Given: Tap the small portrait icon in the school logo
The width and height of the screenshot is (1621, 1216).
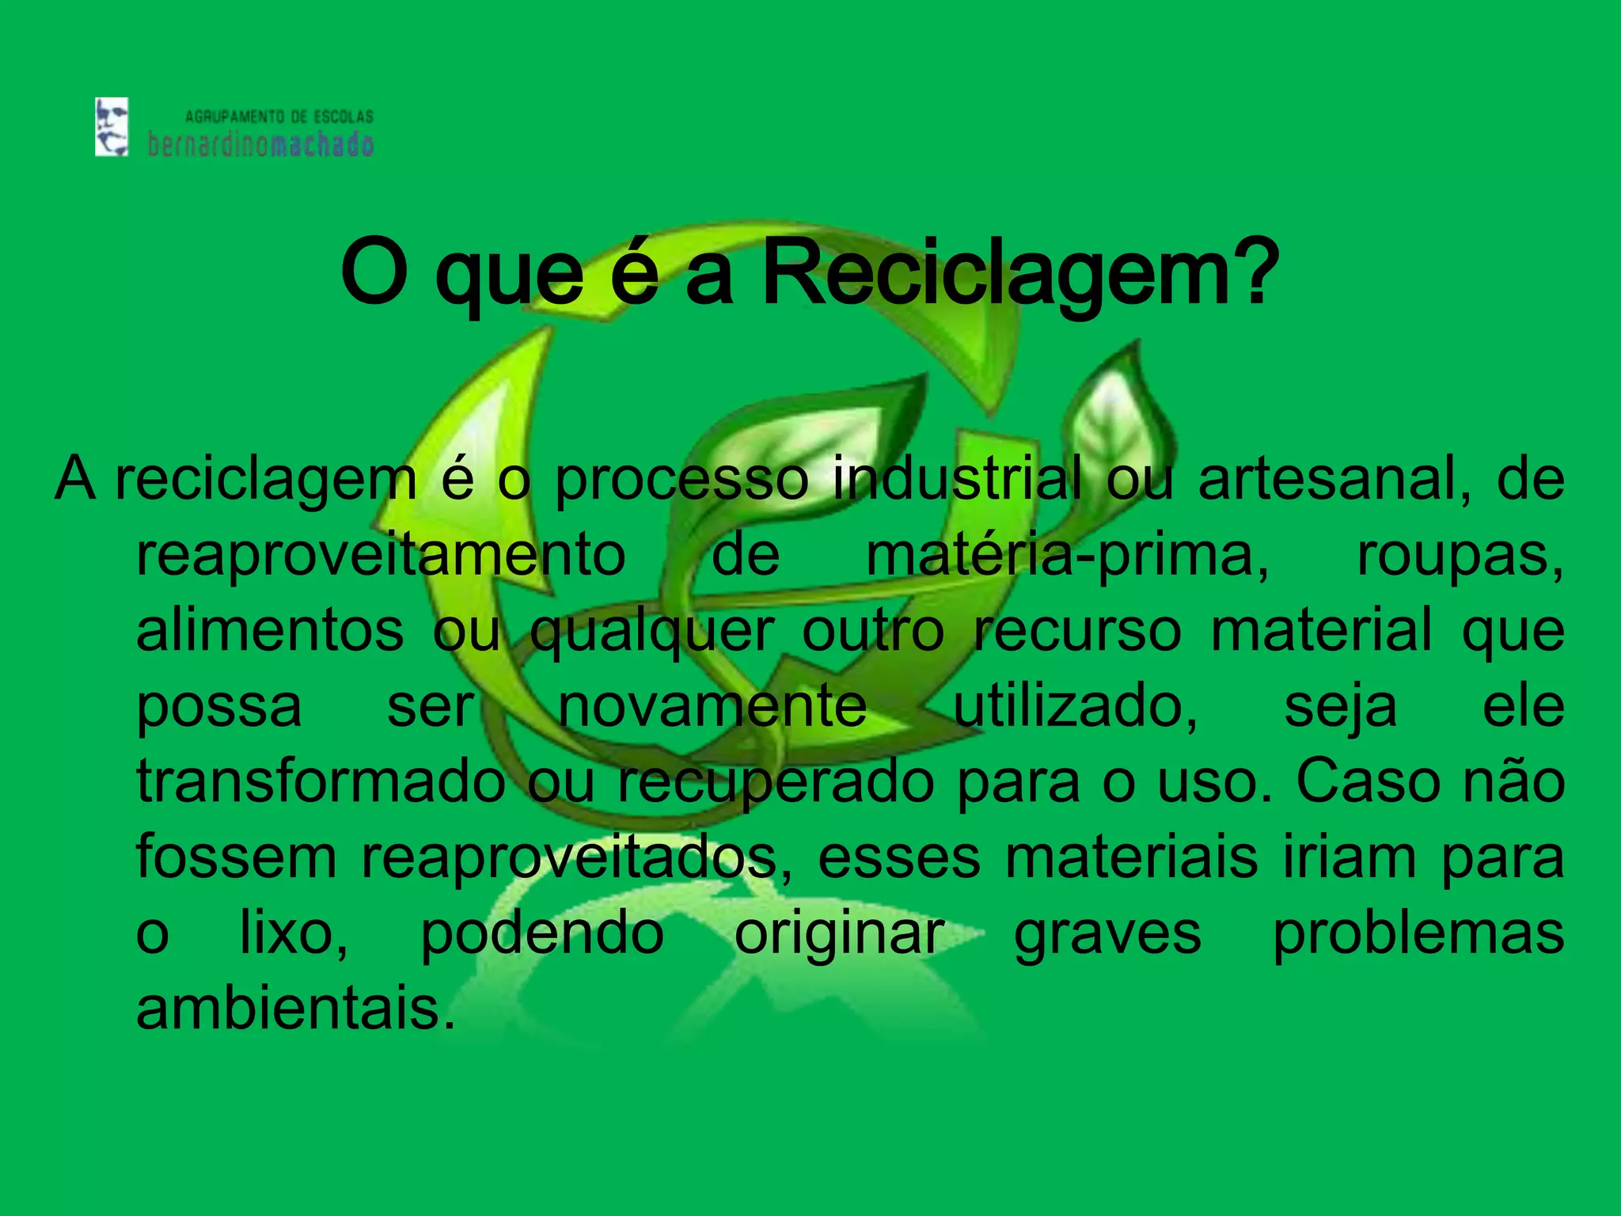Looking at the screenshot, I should coord(112,127).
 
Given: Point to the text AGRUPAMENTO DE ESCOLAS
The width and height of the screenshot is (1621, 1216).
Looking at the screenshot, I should coord(279,117).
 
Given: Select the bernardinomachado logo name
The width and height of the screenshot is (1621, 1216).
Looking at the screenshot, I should coord(260,145).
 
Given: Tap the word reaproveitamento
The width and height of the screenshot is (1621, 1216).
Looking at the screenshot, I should coord(381,554).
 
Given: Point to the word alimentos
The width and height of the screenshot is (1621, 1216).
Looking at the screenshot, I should coord(270,629).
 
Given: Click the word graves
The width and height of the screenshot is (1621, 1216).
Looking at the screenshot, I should coord(1107,934).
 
